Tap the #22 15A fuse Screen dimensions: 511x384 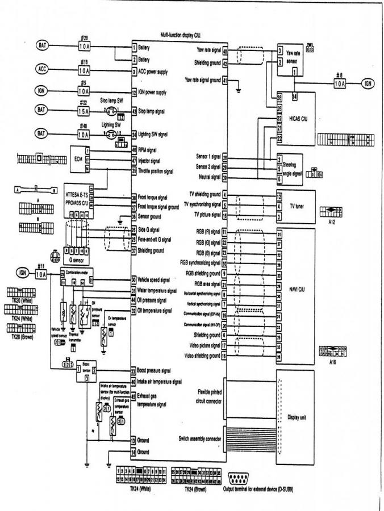[x=84, y=111]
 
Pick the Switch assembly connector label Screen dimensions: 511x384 [x=199, y=438]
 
